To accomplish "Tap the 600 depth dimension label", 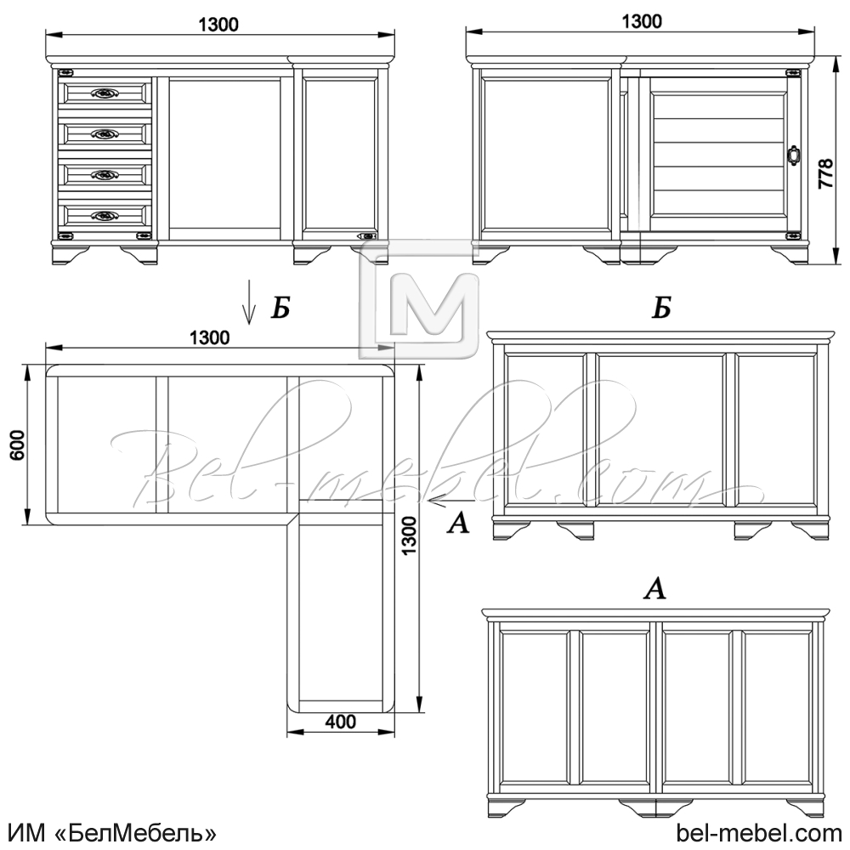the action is (x=18, y=445).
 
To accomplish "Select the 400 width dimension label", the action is (x=341, y=722).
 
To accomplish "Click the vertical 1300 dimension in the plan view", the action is (x=410, y=535).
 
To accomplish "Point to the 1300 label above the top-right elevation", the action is (x=642, y=21).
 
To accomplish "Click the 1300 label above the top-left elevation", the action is (x=218, y=25).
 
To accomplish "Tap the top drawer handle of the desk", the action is (x=105, y=93).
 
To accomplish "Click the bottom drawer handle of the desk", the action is (x=105, y=216).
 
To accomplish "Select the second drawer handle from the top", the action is (x=105, y=134).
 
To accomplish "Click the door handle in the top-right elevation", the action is (x=794, y=154).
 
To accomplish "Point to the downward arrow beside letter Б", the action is (x=249, y=302).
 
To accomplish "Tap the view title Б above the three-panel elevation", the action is (x=661, y=308).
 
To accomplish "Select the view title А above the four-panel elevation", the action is (x=654, y=588).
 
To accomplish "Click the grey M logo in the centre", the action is (x=418, y=299).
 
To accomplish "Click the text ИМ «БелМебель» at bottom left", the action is (x=113, y=833).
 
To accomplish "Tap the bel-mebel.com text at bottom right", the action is (x=759, y=833).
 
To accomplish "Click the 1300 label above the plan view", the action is (x=210, y=337).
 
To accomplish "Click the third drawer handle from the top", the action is (x=105, y=174).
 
